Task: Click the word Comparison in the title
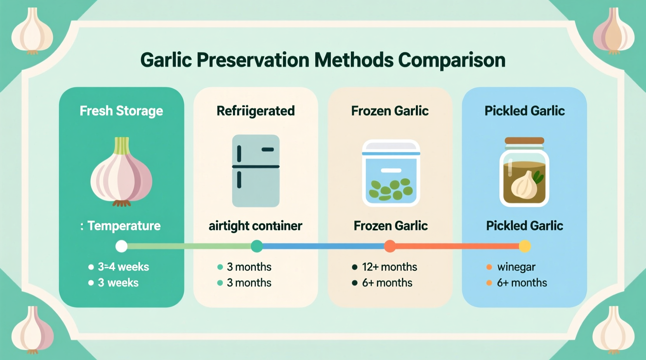coord(452,60)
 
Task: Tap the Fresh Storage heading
coord(121,111)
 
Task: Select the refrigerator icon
coord(255,171)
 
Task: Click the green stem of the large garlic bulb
coord(122,146)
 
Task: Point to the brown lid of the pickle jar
coord(524,141)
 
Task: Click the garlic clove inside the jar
coord(524,185)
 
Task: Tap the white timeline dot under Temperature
coord(122,246)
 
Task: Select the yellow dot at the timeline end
coord(524,246)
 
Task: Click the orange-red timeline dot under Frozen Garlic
coord(390,246)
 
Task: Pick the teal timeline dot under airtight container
coord(257,246)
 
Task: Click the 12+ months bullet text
coord(389,267)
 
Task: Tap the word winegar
coord(516,267)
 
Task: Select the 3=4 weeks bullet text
coord(123,267)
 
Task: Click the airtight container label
coord(255,226)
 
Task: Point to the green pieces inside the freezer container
coord(390,189)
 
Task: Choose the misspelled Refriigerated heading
coord(255,111)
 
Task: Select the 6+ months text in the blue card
coord(521,283)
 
